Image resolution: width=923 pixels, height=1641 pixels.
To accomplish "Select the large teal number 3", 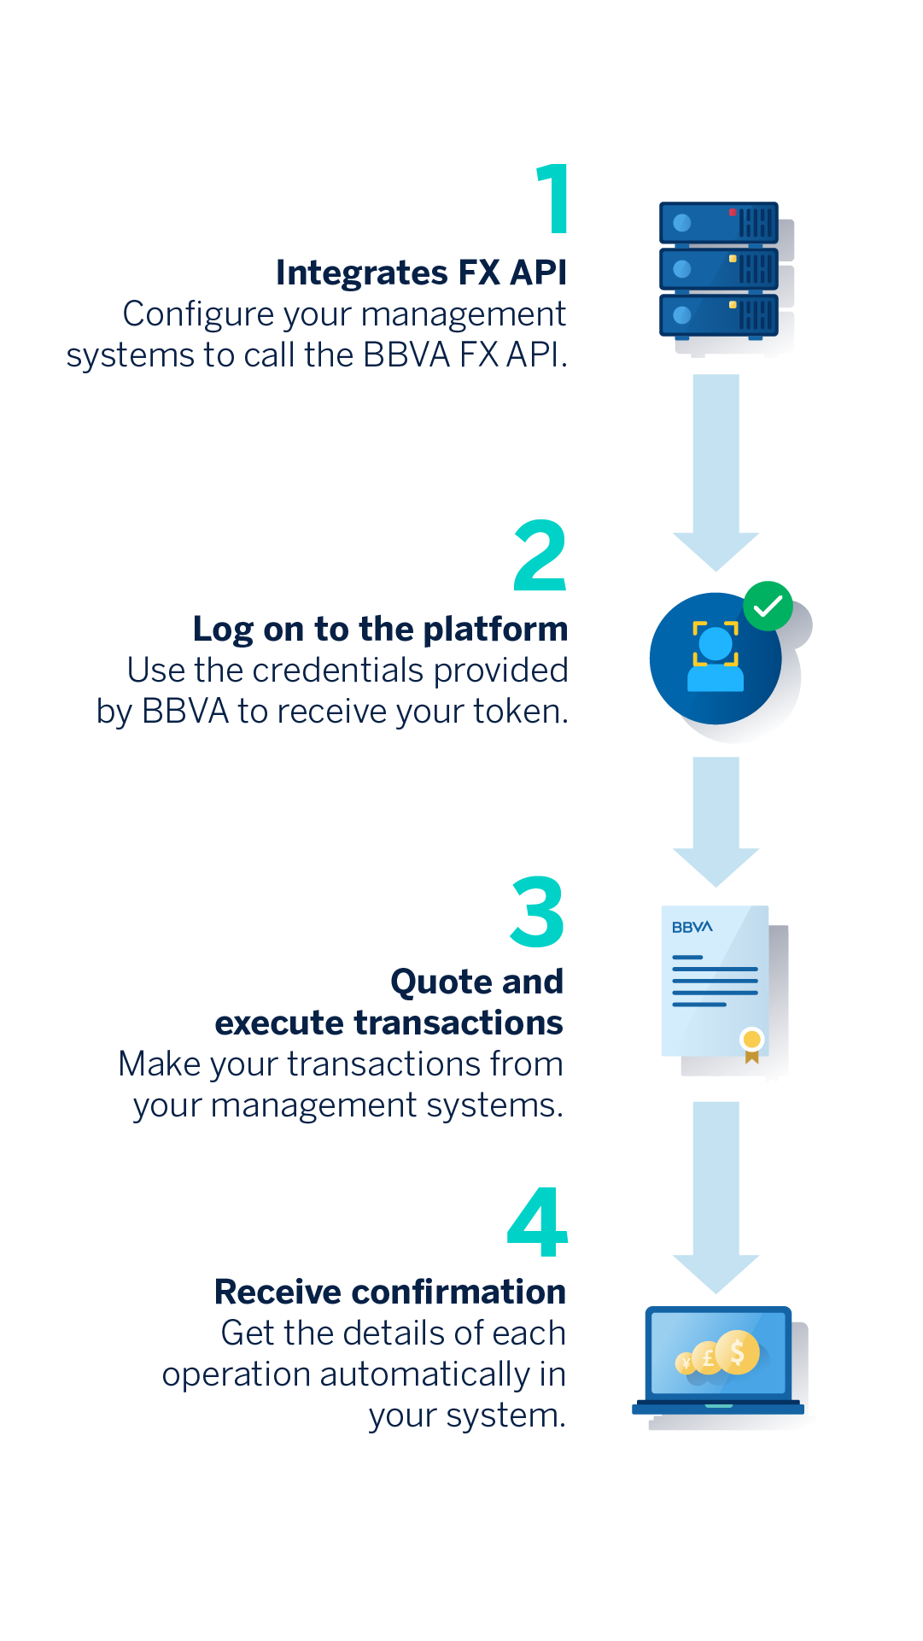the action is [538, 911].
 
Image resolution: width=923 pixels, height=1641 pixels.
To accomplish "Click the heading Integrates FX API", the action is [421, 273].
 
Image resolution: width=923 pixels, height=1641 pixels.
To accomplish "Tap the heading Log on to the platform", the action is [380, 630].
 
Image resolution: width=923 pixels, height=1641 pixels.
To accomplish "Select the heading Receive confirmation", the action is [390, 1292].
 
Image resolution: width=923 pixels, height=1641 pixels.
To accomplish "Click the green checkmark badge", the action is [768, 606].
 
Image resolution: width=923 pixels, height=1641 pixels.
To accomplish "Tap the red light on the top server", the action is [733, 212].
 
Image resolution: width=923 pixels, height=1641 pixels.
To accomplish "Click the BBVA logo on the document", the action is [692, 927].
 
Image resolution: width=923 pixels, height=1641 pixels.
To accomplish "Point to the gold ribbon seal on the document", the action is [752, 1045].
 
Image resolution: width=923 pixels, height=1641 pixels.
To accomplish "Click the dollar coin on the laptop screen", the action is [738, 1352].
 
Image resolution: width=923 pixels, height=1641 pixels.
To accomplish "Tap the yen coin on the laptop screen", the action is [686, 1363].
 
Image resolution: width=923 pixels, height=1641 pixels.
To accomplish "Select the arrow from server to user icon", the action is [716, 472].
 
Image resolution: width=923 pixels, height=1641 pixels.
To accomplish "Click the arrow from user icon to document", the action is [716, 822].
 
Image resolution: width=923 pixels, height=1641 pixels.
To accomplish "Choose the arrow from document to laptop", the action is [716, 1198].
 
